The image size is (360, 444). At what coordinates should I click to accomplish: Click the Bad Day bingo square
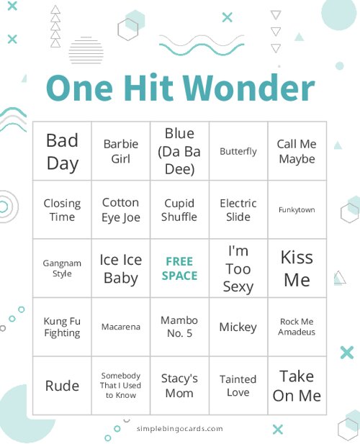pos(62,151)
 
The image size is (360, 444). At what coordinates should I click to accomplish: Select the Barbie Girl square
pos(120,151)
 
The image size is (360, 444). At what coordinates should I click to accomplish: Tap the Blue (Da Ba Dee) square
pos(179,151)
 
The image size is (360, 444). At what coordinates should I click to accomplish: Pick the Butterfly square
pos(238,151)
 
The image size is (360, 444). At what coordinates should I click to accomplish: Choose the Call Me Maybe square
pos(297,151)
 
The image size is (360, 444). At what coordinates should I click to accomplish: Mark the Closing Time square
pos(62,210)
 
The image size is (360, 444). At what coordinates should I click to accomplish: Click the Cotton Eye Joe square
pos(120,210)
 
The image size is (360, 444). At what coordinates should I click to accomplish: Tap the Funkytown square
pos(297,210)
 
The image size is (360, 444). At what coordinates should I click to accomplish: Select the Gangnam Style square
pos(62,268)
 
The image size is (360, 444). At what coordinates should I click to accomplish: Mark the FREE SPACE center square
pos(179,268)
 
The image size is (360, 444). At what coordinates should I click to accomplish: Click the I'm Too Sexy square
pos(238,268)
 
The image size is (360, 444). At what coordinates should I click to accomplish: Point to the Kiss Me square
pos(297,268)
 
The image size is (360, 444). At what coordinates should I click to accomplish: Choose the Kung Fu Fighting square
pos(62,327)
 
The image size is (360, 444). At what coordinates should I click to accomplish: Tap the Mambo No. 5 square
pos(179,327)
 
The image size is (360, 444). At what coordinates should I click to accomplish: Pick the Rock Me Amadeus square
pos(297,327)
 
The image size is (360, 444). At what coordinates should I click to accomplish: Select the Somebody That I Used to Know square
pos(120,386)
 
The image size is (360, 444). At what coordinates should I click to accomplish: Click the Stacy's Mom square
pos(179,386)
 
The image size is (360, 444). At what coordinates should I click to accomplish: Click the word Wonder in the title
pos(248,89)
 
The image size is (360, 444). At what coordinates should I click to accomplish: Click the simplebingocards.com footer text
pos(179,428)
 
